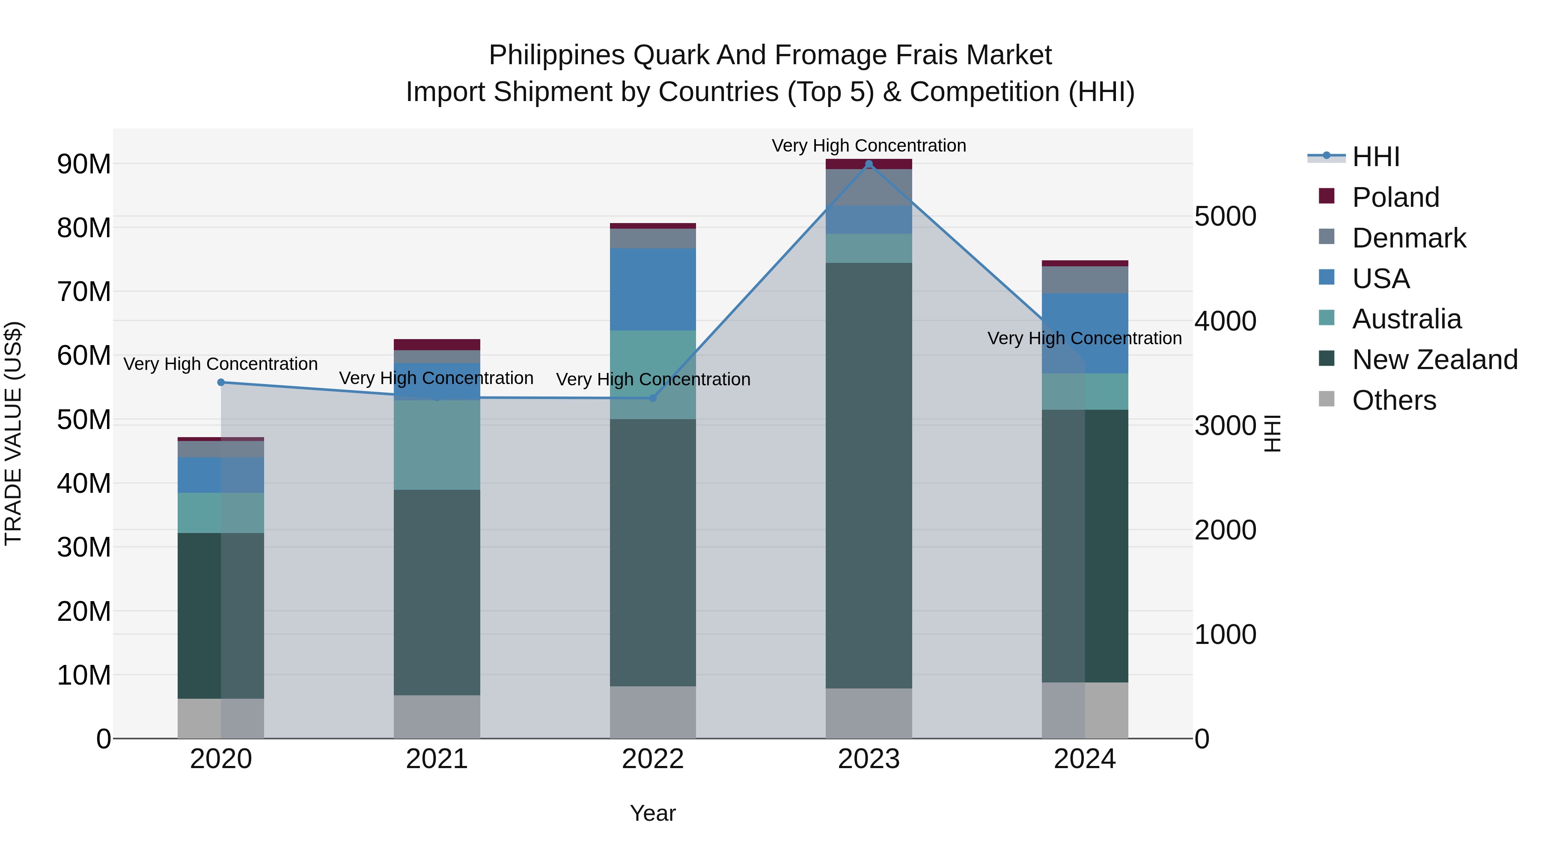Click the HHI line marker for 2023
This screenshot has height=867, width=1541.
point(869,164)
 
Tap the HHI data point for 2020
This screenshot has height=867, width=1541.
point(221,382)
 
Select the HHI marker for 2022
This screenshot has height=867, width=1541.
point(653,398)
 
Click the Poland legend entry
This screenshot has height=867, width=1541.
point(1395,197)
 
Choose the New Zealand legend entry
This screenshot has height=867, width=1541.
point(1434,360)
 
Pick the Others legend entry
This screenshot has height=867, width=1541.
point(1393,400)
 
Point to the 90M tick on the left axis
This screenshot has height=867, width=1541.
point(84,164)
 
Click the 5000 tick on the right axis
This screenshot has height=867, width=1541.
point(1225,217)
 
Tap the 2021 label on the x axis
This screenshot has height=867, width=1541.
point(437,759)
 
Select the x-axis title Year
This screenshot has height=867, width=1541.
point(653,813)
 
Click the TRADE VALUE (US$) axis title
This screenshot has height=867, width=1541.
point(13,433)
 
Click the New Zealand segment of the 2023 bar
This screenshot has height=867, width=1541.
point(869,475)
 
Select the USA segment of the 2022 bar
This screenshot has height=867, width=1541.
point(653,289)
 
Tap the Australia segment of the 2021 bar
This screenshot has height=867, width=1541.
point(437,445)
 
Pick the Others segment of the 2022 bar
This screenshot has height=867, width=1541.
point(653,712)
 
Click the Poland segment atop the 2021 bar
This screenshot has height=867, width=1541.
point(437,345)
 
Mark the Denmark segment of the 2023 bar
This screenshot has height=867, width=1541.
point(869,187)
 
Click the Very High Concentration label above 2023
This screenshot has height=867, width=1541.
point(869,146)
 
